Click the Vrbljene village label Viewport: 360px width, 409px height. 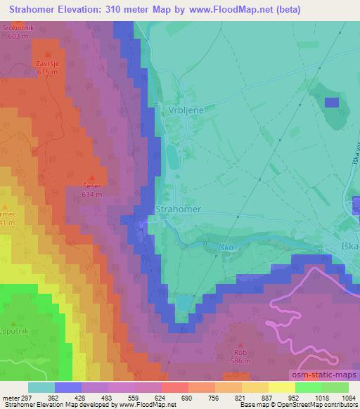pyautogui.click(x=185, y=111)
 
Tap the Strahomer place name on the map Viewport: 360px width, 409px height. pyautogui.click(x=178, y=209)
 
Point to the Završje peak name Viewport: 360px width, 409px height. pyautogui.click(x=47, y=63)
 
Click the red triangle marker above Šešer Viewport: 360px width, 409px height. pyautogui.click(x=91, y=177)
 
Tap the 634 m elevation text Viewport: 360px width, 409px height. pyautogui.click(x=91, y=193)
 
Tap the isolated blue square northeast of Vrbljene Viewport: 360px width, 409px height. pyautogui.click(x=331, y=102)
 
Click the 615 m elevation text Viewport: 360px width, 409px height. pyautogui.click(x=47, y=72)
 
